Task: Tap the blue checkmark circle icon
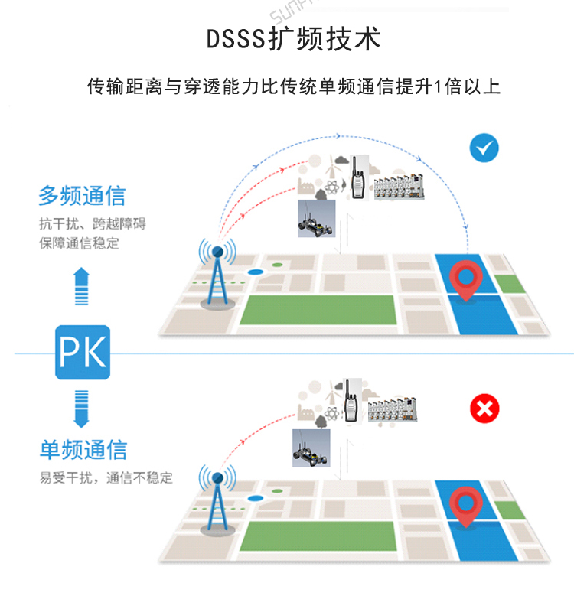[x=484, y=148]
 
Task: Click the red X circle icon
[x=484, y=409]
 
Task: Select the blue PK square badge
[x=83, y=352]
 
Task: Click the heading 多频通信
[x=82, y=196]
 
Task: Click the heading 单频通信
[x=83, y=450]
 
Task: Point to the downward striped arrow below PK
[x=82, y=407]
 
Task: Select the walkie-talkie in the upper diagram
[x=357, y=178]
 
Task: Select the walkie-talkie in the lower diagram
[x=351, y=401]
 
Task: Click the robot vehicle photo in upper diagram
[x=317, y=219]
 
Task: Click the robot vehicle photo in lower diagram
[x=311, y=448]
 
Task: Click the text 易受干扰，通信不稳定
[x=106, y=478]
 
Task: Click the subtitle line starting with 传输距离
[x=294, y=86]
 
